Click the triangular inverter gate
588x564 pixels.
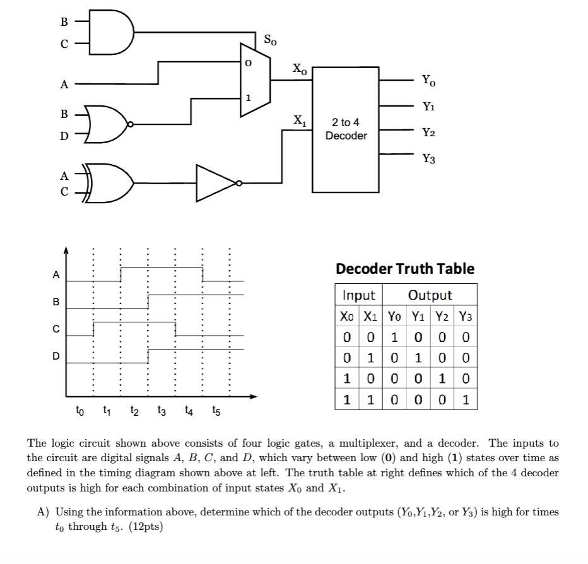(217, 184)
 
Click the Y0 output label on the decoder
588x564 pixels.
(428, 81)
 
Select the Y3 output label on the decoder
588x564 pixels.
(428, 159)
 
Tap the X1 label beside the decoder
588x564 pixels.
(300, 119)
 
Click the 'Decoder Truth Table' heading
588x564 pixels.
(405, 269)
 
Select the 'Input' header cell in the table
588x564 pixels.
(358, 295)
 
